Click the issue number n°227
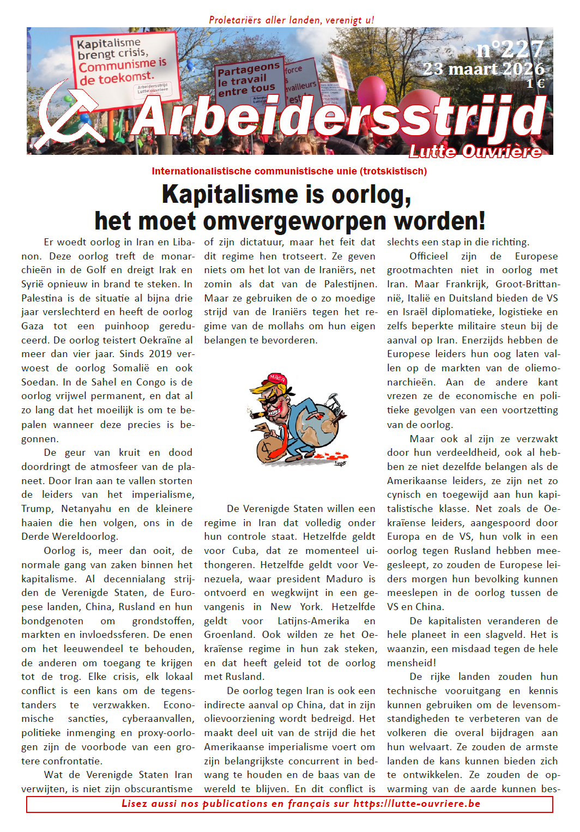click(x=510, y=50)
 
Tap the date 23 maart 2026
click(x=484, y=69)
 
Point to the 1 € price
click(x=535, y=83)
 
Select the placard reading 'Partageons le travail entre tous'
click(x=249, y=80)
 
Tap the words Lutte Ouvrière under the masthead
click(x=475, y=152)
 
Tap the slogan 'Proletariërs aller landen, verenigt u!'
click(x=291, y=20)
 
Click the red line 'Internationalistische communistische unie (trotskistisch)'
click(x=289, y=171)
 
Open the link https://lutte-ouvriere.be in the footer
click(x=416, y=804)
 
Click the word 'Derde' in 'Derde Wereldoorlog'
click(x=37, y=536)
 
